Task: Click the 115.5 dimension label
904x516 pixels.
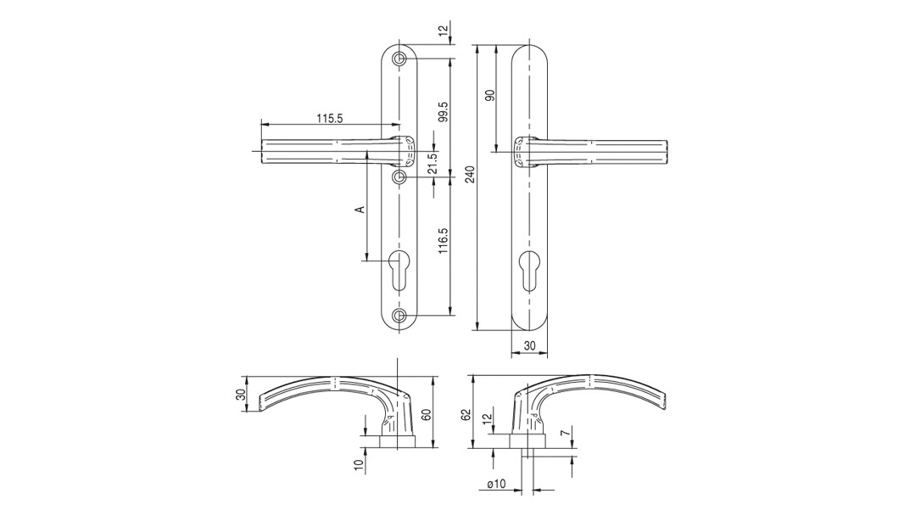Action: click(x=329, y=118)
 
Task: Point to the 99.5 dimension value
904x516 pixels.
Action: click(x=443, y=112)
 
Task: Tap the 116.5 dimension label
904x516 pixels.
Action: click(x=443, y=242)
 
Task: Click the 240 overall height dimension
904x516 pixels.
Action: click(x=471, y=174)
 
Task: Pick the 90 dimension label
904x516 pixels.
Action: click(x=491, y=96)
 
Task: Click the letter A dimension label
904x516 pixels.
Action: click(x=360, y=209)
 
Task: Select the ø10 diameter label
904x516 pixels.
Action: click(x=496, y=484)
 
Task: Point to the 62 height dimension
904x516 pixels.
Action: click(x=466, y=415)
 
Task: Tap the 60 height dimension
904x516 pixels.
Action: click(x=426, y=415)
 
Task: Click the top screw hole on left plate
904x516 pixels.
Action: click(x=399, y=59)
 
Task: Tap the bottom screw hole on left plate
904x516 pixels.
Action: click(x=399, y=315)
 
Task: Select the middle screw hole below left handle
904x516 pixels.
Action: click(x=399, y=177)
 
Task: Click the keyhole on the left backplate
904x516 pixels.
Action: click(x=399, y=271)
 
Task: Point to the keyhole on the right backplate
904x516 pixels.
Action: click(x=529, y=271)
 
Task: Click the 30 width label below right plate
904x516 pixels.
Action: click(x=529, y=345)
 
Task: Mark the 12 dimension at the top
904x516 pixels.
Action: click(x=443, y=30)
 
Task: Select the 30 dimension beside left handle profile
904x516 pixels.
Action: click(x=241, y=395)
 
